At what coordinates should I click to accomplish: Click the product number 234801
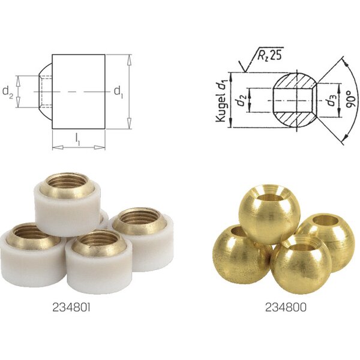(x=71, y=307)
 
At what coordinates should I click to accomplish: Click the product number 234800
(x=286, y=307)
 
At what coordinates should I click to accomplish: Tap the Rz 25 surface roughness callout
(x=269, y=55)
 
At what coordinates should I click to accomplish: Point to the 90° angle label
(x=351, y=99)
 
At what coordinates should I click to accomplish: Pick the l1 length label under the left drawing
(x=78, y=139)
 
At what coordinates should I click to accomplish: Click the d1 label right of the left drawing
(x=118, y=92)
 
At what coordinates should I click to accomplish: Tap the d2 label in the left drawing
(x=8, y=92)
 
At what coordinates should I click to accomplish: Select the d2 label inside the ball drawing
(x=242, y=100)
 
